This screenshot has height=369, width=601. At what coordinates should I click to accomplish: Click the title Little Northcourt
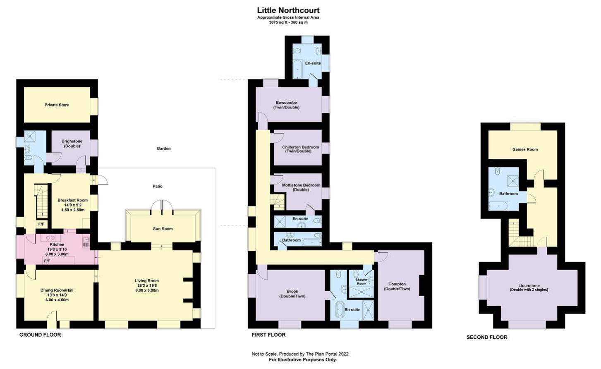pos(288,10)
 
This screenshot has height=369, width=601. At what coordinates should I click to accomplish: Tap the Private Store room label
pos(57,105)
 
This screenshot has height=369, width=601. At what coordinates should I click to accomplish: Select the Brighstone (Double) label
pos(72,144)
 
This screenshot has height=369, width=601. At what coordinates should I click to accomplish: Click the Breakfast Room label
pos(72,200)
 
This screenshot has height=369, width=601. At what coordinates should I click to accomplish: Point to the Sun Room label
pos(163,229)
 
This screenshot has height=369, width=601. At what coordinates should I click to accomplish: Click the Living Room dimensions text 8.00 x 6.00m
pos(147,290)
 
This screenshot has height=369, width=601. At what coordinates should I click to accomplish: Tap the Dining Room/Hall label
pos(57,290)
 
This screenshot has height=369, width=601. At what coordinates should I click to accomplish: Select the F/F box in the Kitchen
pos(47,261)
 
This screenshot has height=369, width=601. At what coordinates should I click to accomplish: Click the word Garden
pos(163,149)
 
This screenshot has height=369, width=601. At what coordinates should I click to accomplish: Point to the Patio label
pos(157,186)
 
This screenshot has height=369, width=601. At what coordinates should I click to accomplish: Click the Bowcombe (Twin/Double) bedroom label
pos(286,105)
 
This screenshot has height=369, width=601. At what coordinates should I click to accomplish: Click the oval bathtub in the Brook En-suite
pos(340,309)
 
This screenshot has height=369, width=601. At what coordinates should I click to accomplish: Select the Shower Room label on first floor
pos(361,282)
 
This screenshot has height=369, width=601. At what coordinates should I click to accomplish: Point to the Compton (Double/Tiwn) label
pos(397,286)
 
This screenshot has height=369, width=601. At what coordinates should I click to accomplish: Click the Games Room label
pos(525,149)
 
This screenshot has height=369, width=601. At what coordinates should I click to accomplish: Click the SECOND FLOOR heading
pos(486,337)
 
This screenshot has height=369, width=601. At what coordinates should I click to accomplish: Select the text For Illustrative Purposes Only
pos(303,360)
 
